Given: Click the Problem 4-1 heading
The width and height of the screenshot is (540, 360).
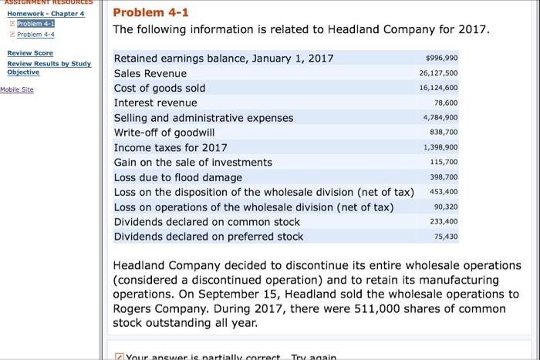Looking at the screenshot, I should coord(150,12).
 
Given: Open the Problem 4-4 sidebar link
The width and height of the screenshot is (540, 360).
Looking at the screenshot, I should coord(29,35).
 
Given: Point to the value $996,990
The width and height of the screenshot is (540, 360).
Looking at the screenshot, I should coord(441,59).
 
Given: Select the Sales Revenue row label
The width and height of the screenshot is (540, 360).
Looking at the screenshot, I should coord(150,73).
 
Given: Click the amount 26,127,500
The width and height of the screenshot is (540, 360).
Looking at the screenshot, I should coord(440,74).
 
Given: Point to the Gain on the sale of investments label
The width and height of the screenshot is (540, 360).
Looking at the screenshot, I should coord(193,162).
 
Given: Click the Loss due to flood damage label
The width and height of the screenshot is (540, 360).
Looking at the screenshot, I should coord(178,177).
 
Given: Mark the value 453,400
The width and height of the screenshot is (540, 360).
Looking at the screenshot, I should coord(443,192).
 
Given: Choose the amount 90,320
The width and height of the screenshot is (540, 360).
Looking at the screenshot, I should coord(446,207).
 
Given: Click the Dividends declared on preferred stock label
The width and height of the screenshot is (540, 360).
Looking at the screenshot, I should coord(208,237).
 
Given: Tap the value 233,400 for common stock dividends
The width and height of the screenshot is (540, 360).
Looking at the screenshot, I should coord(444,222).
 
